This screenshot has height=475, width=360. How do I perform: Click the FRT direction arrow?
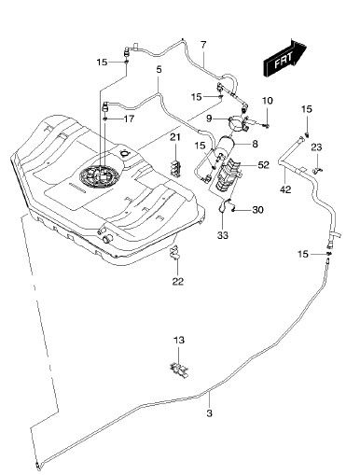[284, 59]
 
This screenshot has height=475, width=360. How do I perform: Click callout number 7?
[203, 45]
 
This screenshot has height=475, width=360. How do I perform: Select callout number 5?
[159, 69]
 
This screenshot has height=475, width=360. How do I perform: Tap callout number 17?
[130, 119]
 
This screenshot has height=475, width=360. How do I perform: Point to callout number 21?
[175, 137]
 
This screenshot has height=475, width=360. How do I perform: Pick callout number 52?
[263, 165]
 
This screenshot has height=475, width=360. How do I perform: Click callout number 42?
[285, 189]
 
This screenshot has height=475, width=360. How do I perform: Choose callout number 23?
[316, 147]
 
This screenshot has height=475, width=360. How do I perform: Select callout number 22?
[178, 281]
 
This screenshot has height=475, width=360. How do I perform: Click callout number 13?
[179, 340]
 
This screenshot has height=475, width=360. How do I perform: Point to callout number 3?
[209, 413]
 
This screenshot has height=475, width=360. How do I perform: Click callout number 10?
[268, 101]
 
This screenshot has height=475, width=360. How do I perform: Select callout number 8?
[255, 144]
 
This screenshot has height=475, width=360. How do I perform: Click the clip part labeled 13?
[180, 370]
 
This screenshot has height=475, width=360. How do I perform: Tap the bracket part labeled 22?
[175, 252]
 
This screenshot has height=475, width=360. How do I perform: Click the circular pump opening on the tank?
[100, 176]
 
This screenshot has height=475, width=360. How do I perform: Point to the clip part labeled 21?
[176, 169]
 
